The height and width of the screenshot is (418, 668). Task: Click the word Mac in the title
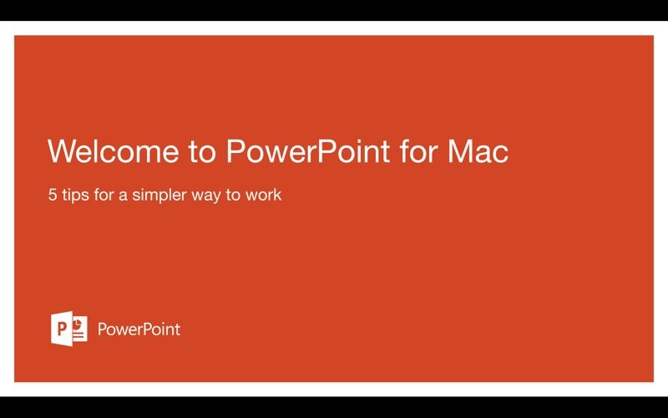click(x=478, y=152)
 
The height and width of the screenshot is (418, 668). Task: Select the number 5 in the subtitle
click(x=53, y=196)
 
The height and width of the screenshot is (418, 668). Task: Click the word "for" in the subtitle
click(x=106, y=196)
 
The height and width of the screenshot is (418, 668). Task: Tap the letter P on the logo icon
click(x=61, y=329)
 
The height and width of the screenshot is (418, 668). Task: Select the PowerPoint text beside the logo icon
click(x=139, y=329)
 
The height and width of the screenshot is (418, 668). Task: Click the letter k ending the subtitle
click(x=278, y=196)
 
